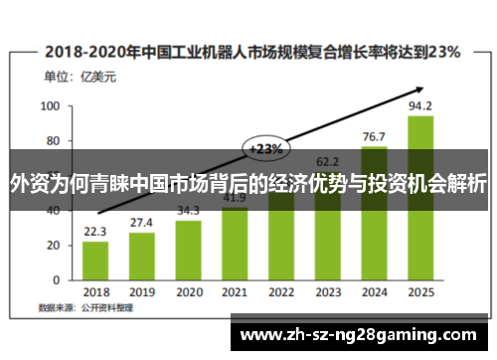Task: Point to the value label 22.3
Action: click(95, 232)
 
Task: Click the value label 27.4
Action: click(141, 223)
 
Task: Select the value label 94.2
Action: click(420, 106)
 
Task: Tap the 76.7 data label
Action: click(374, 137)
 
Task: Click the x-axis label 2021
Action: click(235, 292)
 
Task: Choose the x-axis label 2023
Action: click(328, 292)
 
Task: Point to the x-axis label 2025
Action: click(420, 292)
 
